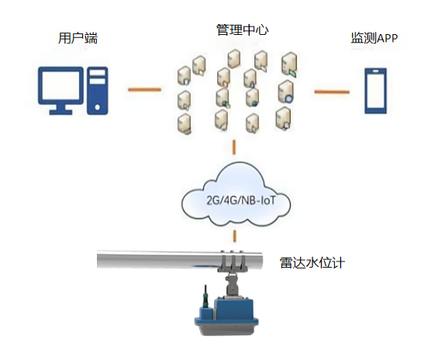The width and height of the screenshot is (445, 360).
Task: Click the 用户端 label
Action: pos(78,38)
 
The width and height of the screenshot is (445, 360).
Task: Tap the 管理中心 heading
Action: pos(243,29)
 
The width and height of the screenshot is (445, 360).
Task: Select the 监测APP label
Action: pos(374,38)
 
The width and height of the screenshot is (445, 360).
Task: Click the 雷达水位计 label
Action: pos(312,262)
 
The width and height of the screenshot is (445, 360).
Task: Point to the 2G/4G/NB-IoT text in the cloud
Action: pos(240,200)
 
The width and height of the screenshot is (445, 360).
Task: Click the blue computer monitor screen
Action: pos(60,85)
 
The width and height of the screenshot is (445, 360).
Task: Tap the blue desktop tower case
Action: pos(98,91)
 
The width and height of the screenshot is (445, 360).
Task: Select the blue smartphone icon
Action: pos(375,91)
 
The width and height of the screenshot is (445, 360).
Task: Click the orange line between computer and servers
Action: pos(144,90)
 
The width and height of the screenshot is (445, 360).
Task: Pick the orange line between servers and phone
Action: pos(332,92)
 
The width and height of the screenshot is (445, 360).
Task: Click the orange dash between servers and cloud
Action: pos(234,147)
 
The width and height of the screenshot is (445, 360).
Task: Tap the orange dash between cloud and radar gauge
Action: pos(235,236)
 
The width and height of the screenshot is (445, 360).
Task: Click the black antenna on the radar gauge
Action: pos(205,296)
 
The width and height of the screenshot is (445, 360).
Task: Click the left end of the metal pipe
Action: pos(98,259)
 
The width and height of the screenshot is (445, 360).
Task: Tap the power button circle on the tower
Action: pos(98,107)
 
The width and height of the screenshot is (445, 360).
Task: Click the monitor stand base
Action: pos(60,112)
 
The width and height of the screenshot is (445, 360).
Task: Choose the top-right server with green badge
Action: pos(289,64)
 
